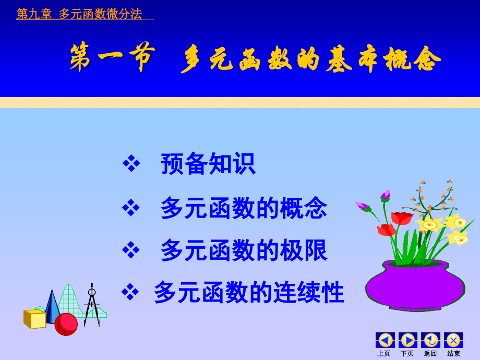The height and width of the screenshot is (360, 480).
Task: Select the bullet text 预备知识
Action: pos(208,164)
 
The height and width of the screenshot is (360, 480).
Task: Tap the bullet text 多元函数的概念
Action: pos(244,208)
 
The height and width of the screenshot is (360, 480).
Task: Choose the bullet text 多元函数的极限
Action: pos(244,250)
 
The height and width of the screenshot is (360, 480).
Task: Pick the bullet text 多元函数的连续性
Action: pos(249,292)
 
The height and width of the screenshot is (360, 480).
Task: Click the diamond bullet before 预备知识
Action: pos(131,163)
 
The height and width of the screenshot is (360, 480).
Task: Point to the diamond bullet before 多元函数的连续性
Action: pos(130,292)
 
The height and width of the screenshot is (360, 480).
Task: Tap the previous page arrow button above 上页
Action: pos(385,340)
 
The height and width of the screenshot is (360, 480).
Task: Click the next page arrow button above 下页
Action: pos(408,340)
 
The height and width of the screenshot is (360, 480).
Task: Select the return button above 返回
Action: pos(430,340)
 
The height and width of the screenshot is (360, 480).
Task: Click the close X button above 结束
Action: pos(453,340)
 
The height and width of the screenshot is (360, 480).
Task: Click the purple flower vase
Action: pos(415,284)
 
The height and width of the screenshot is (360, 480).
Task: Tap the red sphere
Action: pos(66,324)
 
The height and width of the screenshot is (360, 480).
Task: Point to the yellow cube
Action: pos(35,319)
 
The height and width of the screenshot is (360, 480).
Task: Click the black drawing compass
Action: pos(92,305)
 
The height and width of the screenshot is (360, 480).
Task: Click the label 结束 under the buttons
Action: pos(453,354)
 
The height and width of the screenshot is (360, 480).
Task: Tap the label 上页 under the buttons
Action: pos(384,354)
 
